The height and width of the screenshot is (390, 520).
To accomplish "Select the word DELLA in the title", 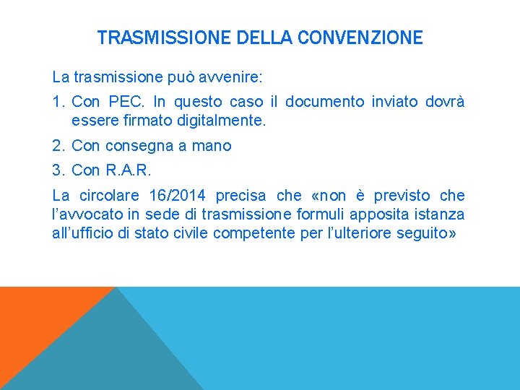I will point(264,38).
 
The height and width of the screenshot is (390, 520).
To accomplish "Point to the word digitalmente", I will point(225,121).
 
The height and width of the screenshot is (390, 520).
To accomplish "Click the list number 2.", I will point(58,146).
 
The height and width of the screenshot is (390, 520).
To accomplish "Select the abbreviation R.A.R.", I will point(128,170).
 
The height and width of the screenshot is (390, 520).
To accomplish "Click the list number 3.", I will point(58,170).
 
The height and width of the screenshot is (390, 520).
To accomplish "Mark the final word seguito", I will point(426,233).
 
